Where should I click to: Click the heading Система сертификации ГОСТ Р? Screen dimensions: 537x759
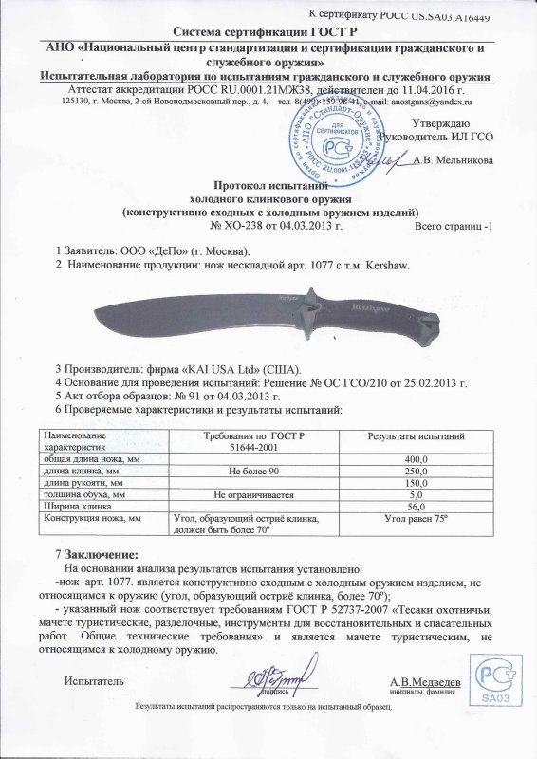[x=268, y=32]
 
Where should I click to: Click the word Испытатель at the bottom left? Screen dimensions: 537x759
[x=93, y=681]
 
